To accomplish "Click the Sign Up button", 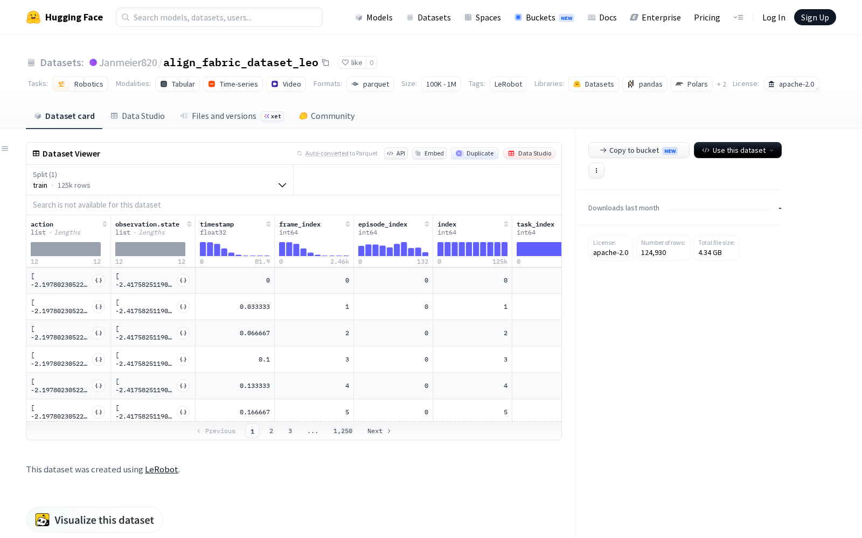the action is pos(815,17).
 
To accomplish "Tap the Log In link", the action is pos(774,17).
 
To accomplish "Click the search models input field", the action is pos(219,17).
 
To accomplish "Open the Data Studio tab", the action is pos(138,116).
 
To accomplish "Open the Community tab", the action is pos(327,116).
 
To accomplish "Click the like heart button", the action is pos(352,62).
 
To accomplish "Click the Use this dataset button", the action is pos(738,150).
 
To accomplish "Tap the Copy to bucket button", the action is pos(639,150).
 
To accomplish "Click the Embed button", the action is pos(429,153).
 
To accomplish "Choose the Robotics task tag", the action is pos(80,84).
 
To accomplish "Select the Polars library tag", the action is pos(692,84).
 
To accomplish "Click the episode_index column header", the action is pos(383,224).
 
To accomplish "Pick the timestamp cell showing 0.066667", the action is pos(255,333).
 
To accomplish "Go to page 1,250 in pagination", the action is pos(343,431).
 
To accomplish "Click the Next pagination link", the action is pos(379,431).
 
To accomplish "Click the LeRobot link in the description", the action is pos(161,469).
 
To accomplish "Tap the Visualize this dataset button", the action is pos(95,520).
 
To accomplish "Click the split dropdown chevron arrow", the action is pos(282,185).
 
